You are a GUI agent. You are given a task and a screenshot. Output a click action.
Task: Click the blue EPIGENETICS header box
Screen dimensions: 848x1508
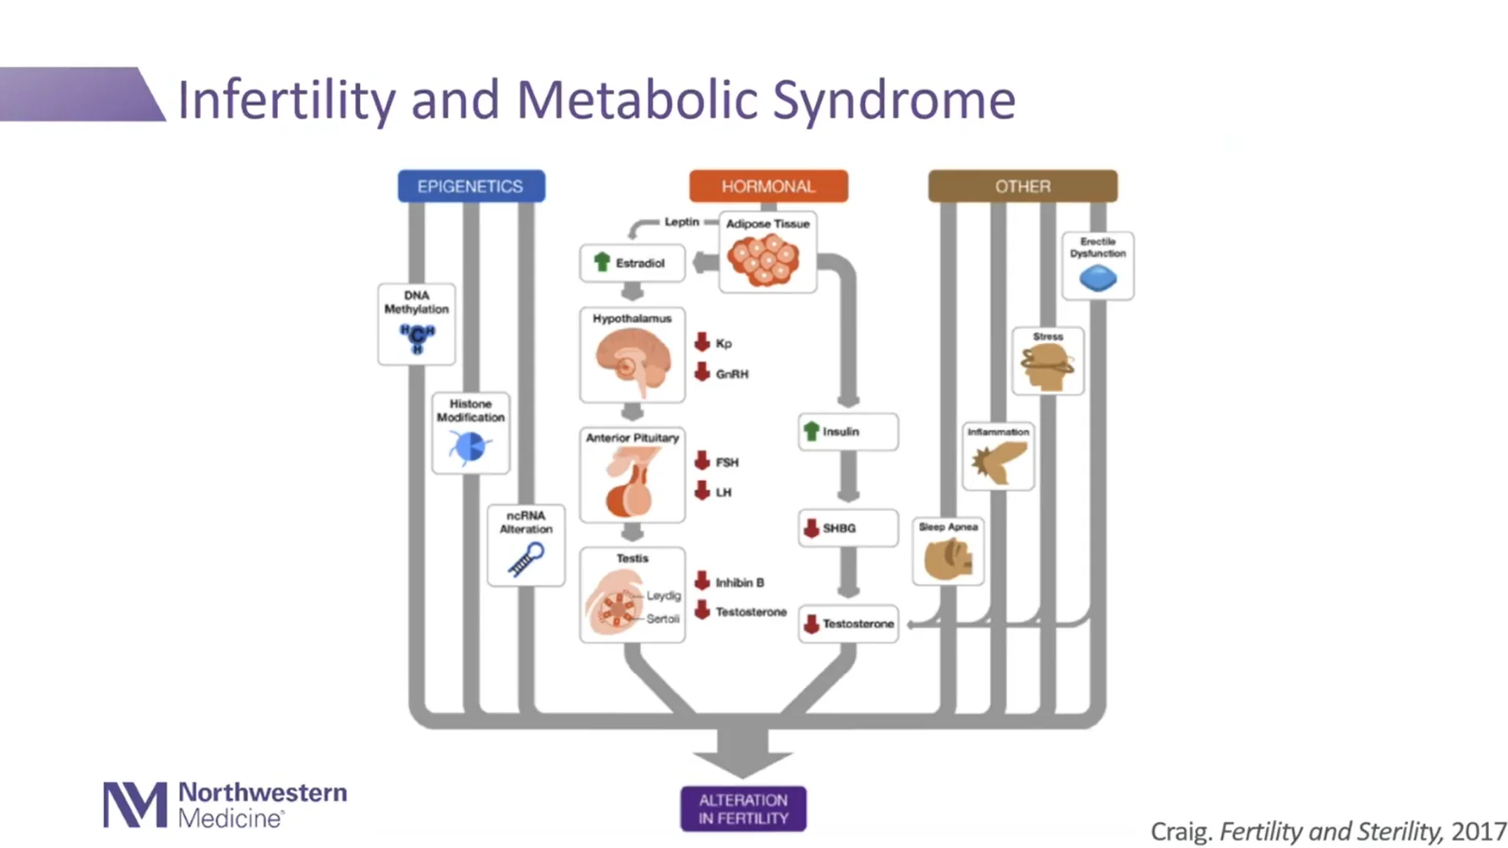click(470, 187)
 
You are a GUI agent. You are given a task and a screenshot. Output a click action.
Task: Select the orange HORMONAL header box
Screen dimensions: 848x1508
click(768, 187)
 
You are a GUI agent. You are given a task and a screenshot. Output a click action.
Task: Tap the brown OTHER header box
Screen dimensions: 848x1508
click(1022, 187)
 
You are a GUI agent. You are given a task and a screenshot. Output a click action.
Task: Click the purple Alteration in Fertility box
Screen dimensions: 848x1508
click(743, 809)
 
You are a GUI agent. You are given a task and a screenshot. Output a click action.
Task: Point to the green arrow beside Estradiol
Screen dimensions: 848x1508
click(602, 262)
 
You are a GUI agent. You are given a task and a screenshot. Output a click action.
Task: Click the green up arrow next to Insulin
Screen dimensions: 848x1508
click(811, 431)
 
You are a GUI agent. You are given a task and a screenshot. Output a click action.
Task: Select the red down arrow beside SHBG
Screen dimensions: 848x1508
click(811, 528)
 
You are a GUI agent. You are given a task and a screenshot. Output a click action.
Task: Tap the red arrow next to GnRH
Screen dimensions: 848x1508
click(702, 373)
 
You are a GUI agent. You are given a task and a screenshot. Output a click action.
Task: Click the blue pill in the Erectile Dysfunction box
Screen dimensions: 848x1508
click(1097, 279)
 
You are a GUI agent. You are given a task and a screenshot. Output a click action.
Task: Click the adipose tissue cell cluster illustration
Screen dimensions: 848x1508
click(763, 259)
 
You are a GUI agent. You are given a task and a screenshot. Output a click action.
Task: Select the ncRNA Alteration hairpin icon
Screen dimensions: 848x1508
click(526, 560)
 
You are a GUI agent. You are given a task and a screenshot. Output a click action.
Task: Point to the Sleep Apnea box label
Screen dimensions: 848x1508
click(948, 527)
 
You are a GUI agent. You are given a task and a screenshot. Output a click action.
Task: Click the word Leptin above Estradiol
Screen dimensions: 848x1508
click(681, 222)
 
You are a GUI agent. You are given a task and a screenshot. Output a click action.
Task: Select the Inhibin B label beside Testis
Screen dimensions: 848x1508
click(739, 583)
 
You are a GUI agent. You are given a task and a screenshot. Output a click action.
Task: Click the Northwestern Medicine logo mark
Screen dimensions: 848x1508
click(135, 805)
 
